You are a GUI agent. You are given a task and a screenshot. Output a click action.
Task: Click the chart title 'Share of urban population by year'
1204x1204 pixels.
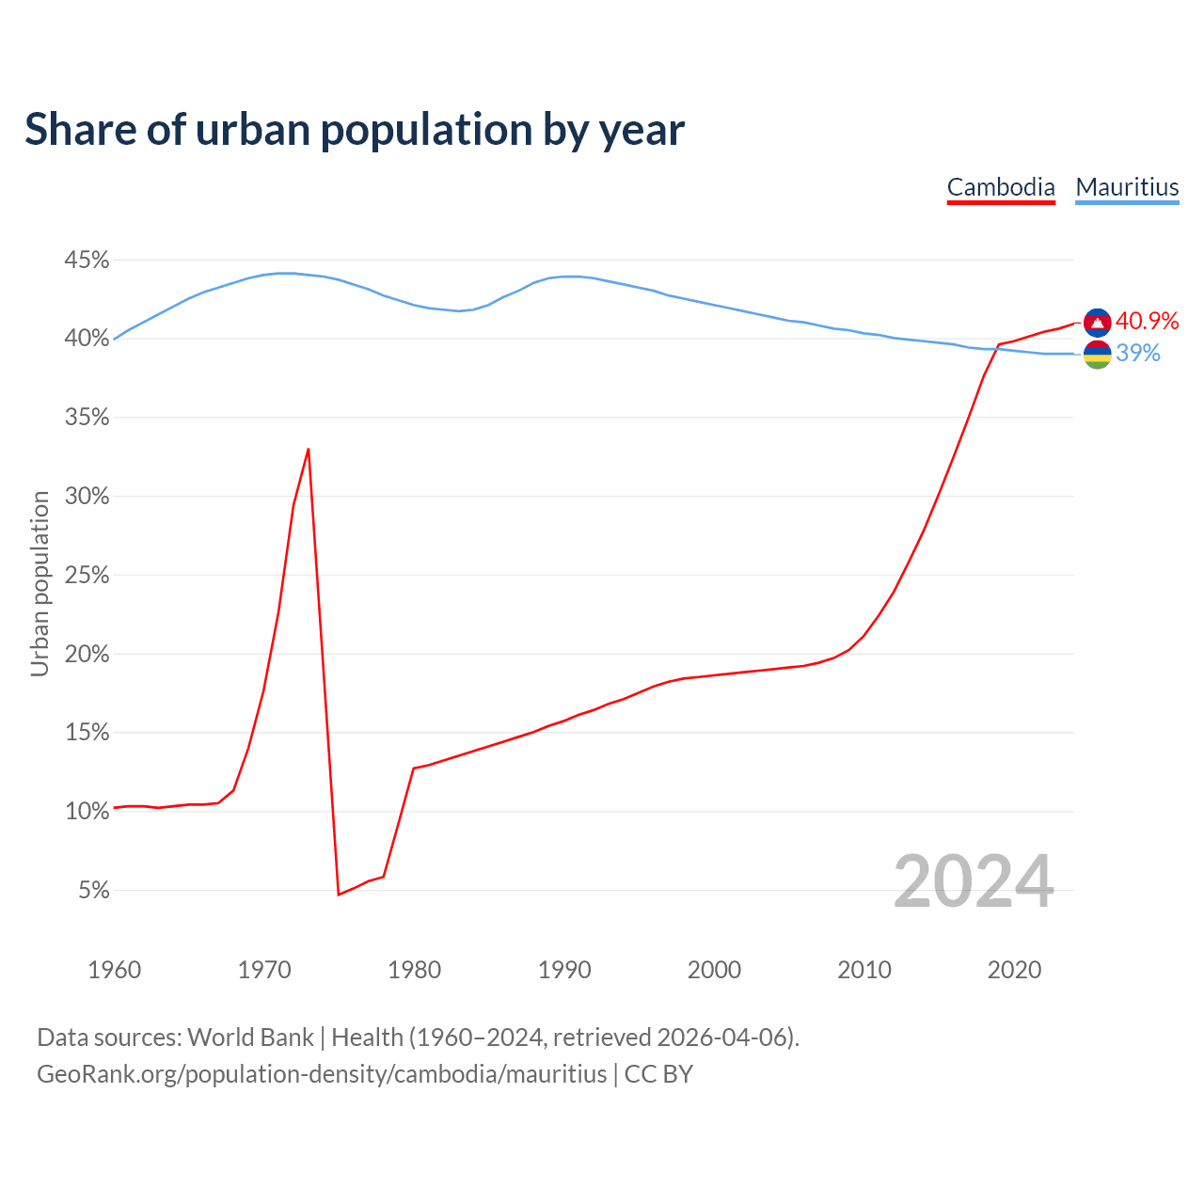(355, 130)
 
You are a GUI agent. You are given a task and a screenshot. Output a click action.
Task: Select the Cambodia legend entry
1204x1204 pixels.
(1001, 187)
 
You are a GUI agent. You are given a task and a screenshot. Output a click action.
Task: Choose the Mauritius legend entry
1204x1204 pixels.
(1127, 187)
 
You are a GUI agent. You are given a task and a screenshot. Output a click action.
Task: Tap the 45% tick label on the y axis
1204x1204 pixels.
(87, 260)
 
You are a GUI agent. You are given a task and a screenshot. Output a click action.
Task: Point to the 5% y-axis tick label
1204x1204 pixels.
(93, 890)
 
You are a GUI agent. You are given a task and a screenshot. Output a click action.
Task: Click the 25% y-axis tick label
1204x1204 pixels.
(87, 575)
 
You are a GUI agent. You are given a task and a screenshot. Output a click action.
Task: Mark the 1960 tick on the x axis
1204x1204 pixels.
(114, 970)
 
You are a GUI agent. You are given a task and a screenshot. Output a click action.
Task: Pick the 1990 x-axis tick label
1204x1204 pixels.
(564, 970)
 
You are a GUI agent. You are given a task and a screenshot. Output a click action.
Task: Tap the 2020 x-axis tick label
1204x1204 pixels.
(1014, 970)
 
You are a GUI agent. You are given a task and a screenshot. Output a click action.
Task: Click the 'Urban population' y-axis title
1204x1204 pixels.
(40, 583)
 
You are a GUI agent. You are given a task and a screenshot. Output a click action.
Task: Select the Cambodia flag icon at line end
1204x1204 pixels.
(1097, 322)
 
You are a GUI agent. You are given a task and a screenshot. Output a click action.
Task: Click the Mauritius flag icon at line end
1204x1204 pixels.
(1097, 355)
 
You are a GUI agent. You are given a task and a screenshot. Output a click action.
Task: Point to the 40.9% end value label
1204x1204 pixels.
(1147, 321)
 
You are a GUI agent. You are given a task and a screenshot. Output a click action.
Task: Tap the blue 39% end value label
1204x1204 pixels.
(1138, 354)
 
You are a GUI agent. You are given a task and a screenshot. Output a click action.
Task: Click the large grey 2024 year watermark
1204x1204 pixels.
(974, 882)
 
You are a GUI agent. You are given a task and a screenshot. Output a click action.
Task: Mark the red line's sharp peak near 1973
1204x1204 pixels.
(309, 450)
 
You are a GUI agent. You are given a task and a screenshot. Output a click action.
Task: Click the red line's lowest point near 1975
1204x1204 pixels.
(338, 894)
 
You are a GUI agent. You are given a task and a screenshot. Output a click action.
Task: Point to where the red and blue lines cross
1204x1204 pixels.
(996, 347)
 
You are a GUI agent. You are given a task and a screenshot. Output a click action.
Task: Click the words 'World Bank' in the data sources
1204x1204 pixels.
(250, 1038)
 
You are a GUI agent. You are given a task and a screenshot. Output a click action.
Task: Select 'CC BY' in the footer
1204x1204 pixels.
(658, 1074)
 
